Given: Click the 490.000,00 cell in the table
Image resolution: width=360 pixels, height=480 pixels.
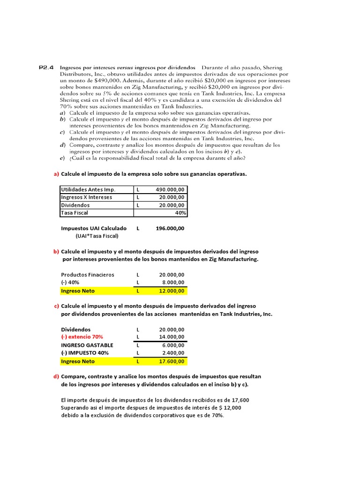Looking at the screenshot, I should click(170, 189).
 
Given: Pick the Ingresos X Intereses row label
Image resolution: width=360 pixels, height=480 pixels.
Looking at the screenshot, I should click(87, 197).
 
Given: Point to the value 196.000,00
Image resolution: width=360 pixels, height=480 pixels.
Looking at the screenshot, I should click(170, 228).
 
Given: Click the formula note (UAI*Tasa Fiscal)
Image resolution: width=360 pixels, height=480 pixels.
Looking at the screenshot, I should click(97, 236).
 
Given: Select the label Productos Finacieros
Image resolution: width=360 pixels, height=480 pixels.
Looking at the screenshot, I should click(88, 275).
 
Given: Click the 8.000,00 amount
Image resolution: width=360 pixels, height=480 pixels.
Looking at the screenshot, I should click(173, 283).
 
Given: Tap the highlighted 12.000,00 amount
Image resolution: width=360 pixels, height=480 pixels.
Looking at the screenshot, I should click(172, 291).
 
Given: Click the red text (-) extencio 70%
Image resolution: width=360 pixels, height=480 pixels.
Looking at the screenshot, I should click(82, 337).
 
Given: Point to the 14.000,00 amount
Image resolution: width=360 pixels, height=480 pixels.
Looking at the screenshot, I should click(172, 337).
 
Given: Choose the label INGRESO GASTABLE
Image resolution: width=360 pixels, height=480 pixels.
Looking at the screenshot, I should click(87, 345).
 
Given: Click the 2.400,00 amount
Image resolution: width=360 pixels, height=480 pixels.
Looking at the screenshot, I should click(173, 353).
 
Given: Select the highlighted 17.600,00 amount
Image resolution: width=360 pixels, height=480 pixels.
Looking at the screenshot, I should click(172, 361).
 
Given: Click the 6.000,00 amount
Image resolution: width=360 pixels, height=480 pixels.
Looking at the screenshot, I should click(173, 345).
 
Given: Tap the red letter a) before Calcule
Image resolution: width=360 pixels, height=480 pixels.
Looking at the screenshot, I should click(56, 174).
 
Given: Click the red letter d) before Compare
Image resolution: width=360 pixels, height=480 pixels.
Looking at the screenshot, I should click(56, 376).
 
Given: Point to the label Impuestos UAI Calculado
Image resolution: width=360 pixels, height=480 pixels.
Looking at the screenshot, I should click(94, 228).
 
